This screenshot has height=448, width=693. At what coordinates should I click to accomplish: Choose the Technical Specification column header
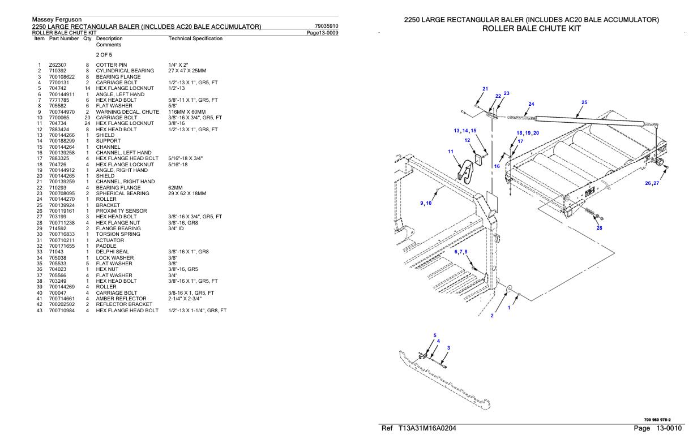coord(195,38)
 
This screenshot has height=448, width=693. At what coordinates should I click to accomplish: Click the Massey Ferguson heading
coord(57,20)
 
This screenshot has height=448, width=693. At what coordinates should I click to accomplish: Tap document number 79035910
coord(326,26)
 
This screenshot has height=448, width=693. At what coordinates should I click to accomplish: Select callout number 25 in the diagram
coord(584,102)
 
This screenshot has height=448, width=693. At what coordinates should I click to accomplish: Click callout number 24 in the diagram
coord(531,104)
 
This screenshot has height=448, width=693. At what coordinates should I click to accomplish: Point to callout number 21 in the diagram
coord(485,89)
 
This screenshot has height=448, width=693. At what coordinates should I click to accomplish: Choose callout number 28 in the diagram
coord(599,227)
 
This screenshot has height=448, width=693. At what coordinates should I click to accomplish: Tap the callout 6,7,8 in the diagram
coord(465,252)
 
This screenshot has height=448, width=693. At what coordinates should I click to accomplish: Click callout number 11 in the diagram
coord(451,152)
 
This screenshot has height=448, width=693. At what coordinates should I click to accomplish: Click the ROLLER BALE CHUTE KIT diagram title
coord(532,28)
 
